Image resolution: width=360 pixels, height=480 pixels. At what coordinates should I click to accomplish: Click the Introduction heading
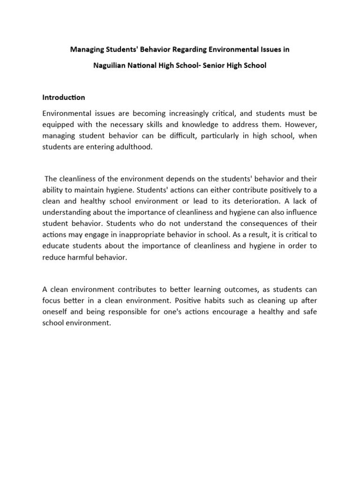[x=64, y=97]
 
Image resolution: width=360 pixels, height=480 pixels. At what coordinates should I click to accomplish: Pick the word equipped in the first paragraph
[x=57, y=125]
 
